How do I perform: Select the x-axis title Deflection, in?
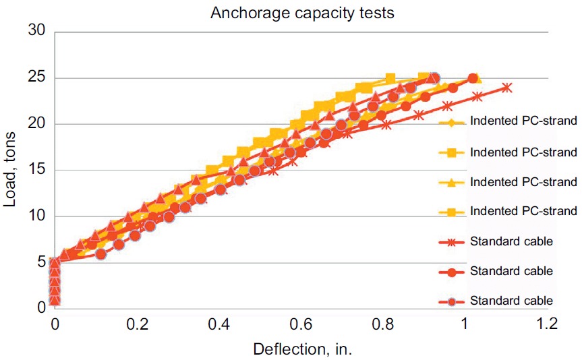pos(303,349)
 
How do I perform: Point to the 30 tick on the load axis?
pos(36,31)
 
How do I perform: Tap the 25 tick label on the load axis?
pos(36,78)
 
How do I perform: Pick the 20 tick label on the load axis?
pos(36,124)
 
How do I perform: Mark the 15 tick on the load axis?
pos(36,170)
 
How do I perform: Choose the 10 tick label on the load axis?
pos(36,216)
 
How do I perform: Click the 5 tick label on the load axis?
pos(40,262)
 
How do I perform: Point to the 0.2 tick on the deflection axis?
pos(137,324)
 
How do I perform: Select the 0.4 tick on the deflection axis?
pos(219,324)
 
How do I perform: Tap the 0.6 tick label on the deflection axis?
pos(301,324)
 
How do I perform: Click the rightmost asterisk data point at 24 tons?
pos(506,87)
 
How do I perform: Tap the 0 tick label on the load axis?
pos(40,308)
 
